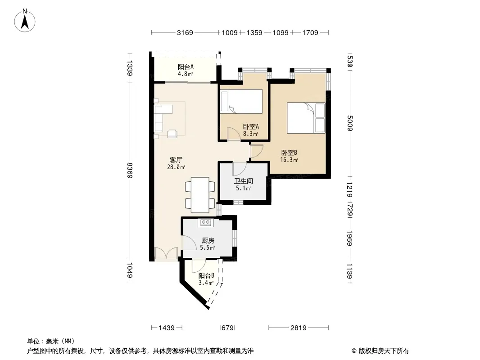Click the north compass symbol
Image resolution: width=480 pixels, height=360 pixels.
click(25, 21)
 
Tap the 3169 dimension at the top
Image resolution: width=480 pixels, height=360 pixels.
click(185, 32)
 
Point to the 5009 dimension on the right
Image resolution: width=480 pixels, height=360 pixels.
click(350, 123)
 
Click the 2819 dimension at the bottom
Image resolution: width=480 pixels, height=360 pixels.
click(299, 328)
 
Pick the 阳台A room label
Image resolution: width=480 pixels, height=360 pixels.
click(186, 67)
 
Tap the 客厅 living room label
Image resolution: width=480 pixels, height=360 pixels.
click(176, 160)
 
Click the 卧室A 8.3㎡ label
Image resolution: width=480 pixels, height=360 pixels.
click(251, 130)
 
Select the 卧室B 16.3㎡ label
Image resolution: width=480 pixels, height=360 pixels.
click(289, 156)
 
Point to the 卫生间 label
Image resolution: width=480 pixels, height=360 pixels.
click(243, 181)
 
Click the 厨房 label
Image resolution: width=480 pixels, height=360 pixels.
click(208, 241)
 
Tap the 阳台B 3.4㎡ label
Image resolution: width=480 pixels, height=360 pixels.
click(206, 279)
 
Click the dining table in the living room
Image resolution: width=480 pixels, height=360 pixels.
click(200, 195)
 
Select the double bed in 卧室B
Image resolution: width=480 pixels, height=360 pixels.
click(306, 118)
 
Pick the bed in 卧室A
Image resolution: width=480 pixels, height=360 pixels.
click(241, 102)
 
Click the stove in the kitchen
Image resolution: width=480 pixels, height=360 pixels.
click(205, 223)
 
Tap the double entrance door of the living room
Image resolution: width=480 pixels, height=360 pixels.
click(166, 253)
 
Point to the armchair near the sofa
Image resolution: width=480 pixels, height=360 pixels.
click(172, 133)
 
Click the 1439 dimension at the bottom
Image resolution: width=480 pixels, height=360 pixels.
click(167, 328)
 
